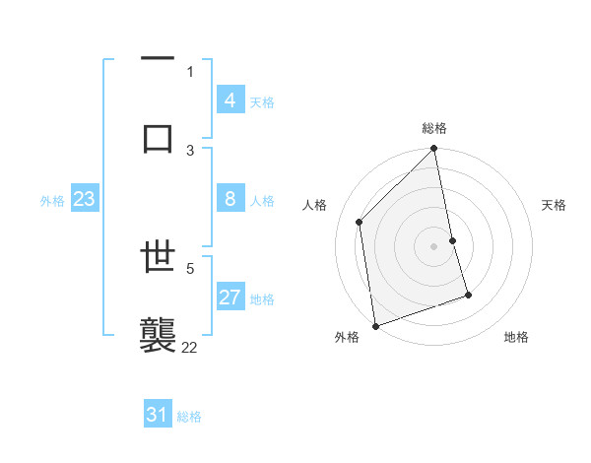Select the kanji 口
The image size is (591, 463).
(x=158, y=137)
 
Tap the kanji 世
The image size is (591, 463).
(x=158, y=259)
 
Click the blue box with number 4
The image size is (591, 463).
(x=230, y=100)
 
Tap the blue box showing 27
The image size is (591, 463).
(x=230, y=298)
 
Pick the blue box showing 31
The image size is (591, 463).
(x=157, y=415)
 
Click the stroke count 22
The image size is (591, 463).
(x=190, y=347)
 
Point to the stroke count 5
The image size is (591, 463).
(x=190, y=267)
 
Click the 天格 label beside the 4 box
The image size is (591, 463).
(x=262, y=102)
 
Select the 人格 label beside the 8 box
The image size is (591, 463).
(x=262, y=201)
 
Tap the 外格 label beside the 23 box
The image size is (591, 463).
(x=52, y=201)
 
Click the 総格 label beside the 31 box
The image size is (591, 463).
(x=189, y=417)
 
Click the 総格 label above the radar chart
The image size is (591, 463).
(x=434, y=128)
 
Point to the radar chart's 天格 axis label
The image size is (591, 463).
(x=555, y=205)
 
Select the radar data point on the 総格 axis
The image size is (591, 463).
(x=434, y=150)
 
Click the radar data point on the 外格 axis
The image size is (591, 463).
(x=375, y=325)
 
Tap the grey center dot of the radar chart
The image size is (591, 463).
(x=434, y=245)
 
